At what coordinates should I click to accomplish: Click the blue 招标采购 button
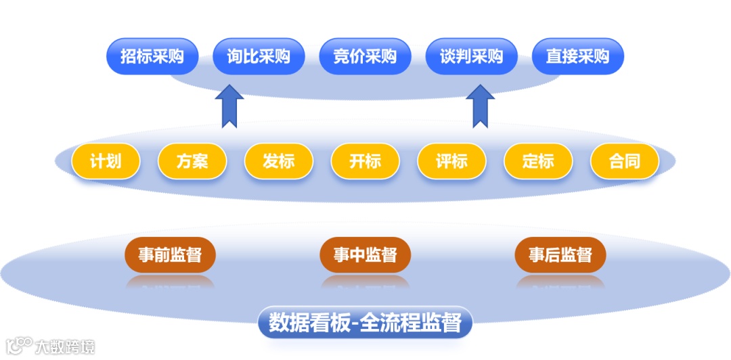[152, 57]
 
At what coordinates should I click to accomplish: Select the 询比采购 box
[259, 57]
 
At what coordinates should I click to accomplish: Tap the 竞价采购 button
[365, 57]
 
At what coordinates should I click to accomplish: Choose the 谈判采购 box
[472, 57]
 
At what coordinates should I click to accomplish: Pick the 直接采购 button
[577, 57]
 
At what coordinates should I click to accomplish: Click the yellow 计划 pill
[106, 162]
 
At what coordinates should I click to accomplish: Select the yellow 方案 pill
[192, 162]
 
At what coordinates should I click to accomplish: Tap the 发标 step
[279, 162]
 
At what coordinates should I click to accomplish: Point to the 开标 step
[365, 162]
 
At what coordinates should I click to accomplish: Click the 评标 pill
[451, 162]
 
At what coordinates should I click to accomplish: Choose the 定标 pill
[538, 162]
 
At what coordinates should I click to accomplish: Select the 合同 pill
[625, 162]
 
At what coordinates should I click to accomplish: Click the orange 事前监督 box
[170, 255]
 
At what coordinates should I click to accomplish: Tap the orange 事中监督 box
[365, 255]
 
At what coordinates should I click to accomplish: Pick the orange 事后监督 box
[560, 255]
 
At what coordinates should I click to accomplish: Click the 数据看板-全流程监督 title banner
[365, 323]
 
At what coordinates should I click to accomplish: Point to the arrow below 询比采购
[229, 106]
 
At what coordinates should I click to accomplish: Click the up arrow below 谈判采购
[481, 106]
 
